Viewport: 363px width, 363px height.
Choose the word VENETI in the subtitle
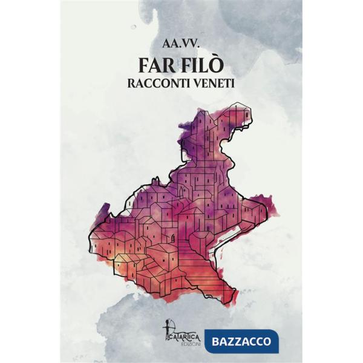pos(213,85)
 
